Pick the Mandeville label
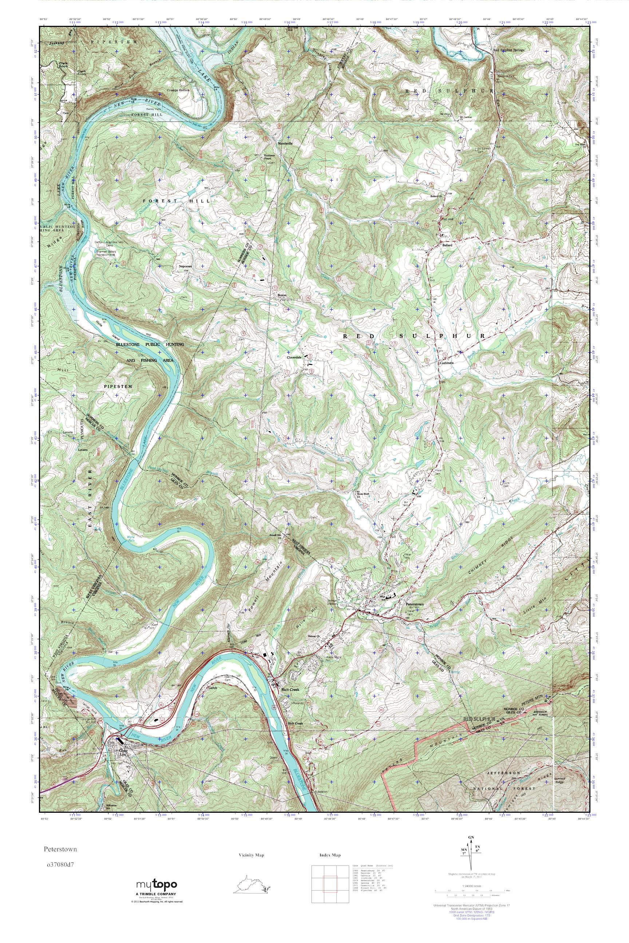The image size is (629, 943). click(x=283, y=143)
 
